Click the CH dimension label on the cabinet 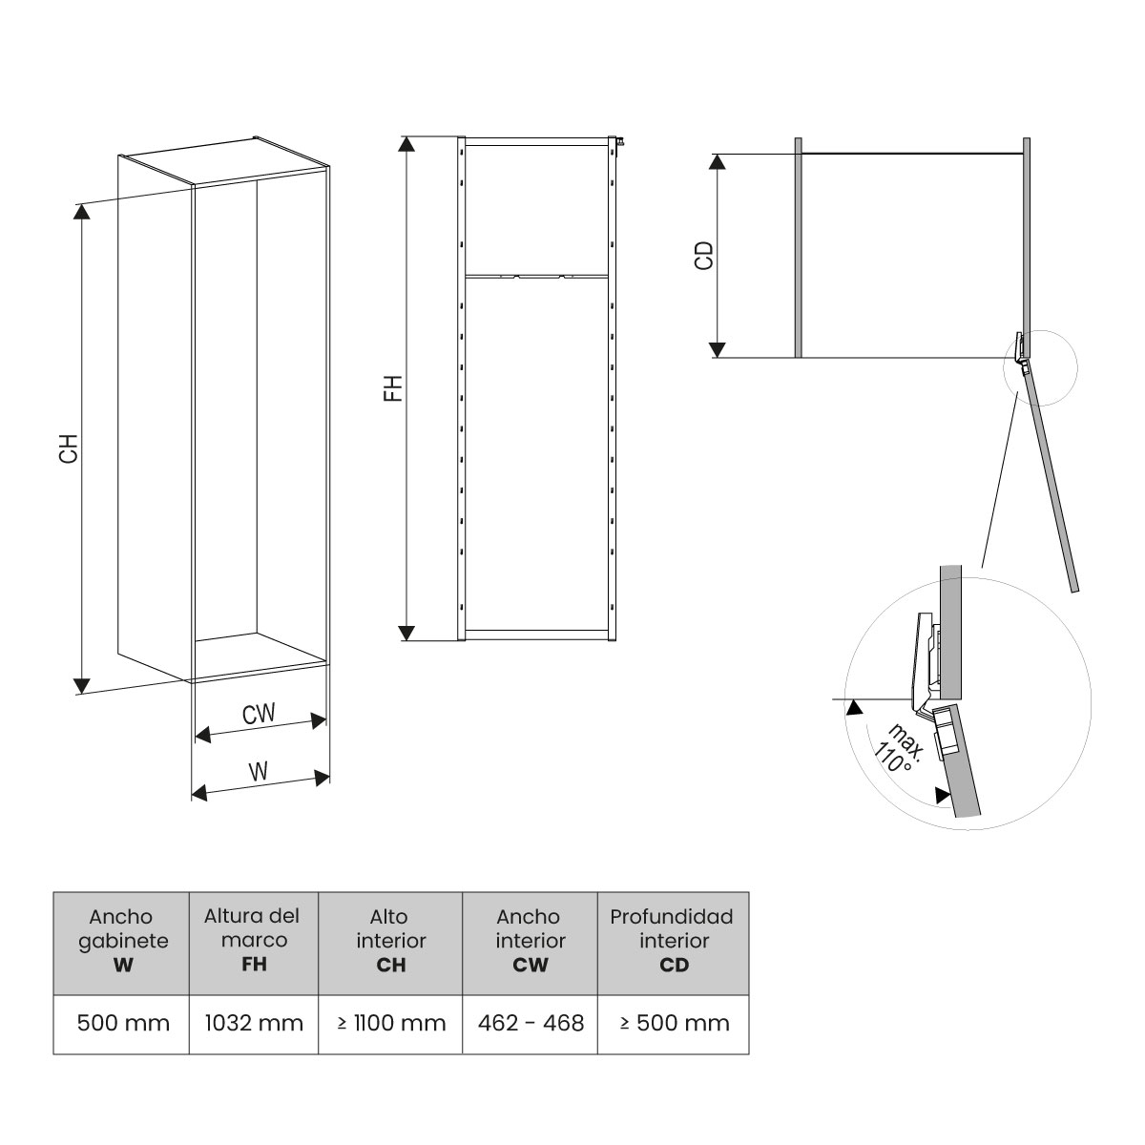68,449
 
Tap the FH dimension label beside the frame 394,387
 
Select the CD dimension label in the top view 704,255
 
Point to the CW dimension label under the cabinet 259,714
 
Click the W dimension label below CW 259,772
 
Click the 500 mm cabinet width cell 121,1024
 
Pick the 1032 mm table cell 254,1024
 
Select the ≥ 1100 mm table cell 391,1024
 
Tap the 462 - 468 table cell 531,1024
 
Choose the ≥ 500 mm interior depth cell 674,1024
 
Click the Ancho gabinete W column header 121,941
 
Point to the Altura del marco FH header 254,940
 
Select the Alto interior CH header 391,941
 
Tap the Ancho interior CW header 531,941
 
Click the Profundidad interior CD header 674,941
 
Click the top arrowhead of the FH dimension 407,144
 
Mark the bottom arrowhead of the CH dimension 82,685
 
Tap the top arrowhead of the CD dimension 718,161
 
